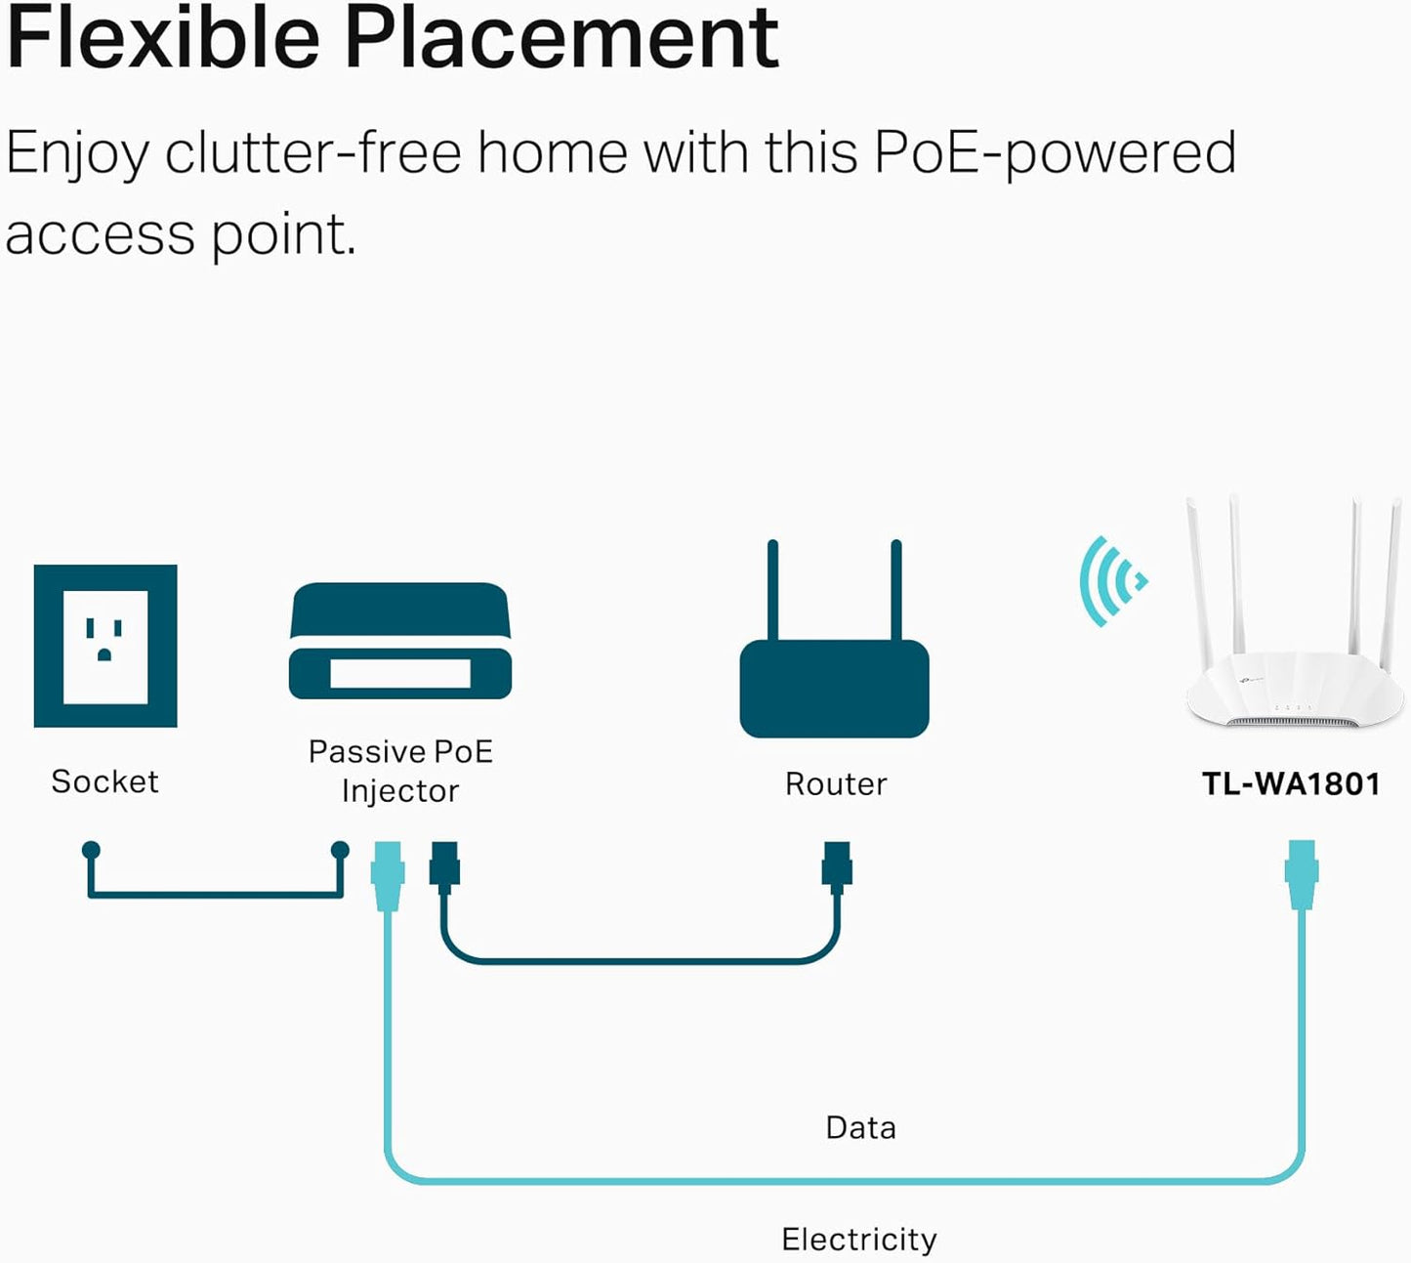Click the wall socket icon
tap(105, 646)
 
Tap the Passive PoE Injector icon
tap(400, 642)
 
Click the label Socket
tap(104, 781)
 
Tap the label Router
tap(836, 784)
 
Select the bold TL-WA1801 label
tap(1290, 783)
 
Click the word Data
tap(860, 1127)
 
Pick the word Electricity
tap(858, 1239)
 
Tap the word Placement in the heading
tap(561, 39)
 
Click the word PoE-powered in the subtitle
tap(1055, 153)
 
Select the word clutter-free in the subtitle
tap(312, 153)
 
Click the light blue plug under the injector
tap(388, 874)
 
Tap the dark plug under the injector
tap(444, 866)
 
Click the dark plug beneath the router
tap(837, 866)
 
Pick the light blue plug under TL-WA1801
tap(1302, 873)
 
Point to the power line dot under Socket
tap(91, 850)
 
